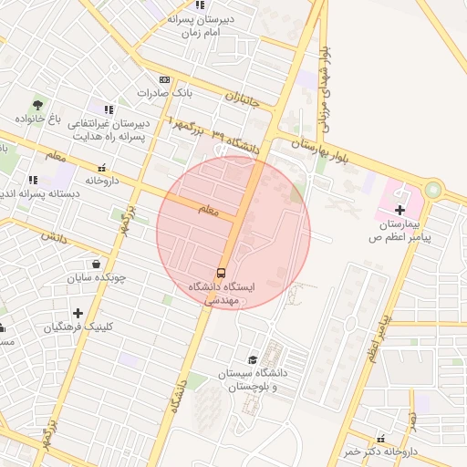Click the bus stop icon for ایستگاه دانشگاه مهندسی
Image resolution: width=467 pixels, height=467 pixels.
pos(222,273)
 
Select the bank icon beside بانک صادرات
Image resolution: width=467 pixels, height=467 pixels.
pos(164,79)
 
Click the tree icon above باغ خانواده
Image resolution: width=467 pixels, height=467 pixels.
pos(37,105)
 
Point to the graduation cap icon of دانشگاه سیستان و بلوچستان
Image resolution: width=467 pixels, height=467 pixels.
pos(253,359)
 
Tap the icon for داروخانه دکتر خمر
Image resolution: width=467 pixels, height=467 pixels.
pos(380,439)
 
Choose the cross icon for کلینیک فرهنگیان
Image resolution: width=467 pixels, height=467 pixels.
pos(78,313)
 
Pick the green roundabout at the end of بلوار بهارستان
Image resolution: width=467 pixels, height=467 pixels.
pos(431,191)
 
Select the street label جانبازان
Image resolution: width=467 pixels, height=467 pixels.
pos(243,95)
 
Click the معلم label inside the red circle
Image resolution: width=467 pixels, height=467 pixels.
pos(210,211)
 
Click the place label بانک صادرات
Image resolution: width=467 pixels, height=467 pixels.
pos(166,93)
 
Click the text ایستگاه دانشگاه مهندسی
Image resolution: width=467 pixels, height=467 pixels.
pos(223,292)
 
